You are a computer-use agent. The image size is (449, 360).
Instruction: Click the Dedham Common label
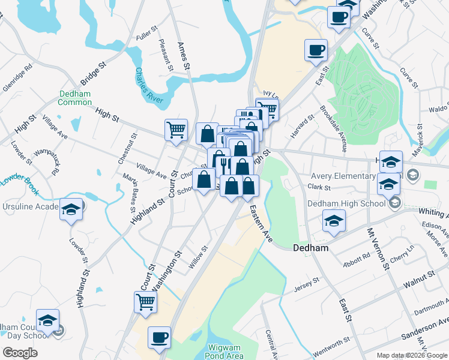(x=75, y=98)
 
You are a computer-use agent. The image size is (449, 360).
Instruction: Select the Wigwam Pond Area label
(x=232, y=352)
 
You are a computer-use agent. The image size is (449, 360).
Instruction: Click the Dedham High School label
(x=346, y=203)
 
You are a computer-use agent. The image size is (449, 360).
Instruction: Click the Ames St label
(x=184, y=54)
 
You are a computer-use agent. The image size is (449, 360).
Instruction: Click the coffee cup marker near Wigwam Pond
(x=159, y=338)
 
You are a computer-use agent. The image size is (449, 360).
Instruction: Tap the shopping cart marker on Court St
(x=176, y=130)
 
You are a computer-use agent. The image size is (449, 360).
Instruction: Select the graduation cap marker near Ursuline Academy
(x=71, y=210)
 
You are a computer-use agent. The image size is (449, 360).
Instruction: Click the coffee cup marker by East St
(x=316, y=50)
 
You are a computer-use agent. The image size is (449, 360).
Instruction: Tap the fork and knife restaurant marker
(x=223, y=163)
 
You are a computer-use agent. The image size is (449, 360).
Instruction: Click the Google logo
(x=20, y=353)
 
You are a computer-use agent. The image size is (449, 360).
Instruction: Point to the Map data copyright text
(x=412, y=355)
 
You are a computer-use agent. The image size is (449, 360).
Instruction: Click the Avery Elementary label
(x=343, y=176)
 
